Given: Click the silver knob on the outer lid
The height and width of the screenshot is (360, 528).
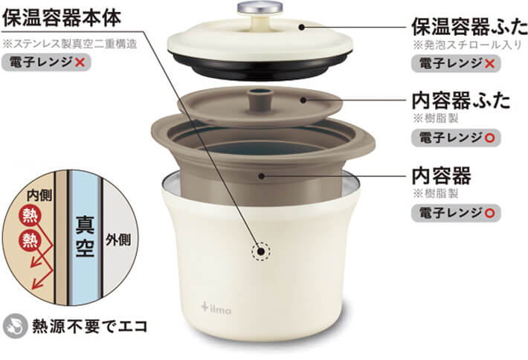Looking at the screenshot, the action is pyautogui.click(x=260, y=7).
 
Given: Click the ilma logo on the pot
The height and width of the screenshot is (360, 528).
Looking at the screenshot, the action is pyautogui.click(x=216, y=308).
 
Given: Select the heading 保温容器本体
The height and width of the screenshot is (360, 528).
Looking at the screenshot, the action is pyautogui.click(x=62, y=18).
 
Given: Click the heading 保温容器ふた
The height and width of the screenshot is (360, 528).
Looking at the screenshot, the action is pyautogui.click(x=469, y=27).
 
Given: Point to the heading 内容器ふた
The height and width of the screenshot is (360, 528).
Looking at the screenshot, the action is pyautogui.click(x=461, y=100).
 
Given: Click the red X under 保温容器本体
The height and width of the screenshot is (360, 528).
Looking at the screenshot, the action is pyautogui.click(x=80, y=62).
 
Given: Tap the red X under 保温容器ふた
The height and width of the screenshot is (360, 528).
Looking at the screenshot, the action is pyautogui.click(x=490, y=63).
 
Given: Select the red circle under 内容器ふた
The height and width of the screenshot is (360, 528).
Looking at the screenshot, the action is pyautogui.click(x=490, y=138).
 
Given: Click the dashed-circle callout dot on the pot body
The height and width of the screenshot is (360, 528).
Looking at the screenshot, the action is pyautogui.click(x=260, y=251).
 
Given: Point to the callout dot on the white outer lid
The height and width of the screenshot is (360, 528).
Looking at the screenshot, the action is pyautogui.click(x=302, y=27).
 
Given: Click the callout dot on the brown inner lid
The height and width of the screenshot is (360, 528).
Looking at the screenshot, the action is pyautogui.click(x=303, y=100).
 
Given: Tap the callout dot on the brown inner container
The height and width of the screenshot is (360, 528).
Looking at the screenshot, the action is pyautogui.click(x=261, y=176).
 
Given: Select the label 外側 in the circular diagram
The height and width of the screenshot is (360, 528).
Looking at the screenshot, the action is pyautogui.click(x=117, y=240).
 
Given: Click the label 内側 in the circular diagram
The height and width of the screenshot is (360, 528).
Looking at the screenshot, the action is pyautogui.click(x=39, y=195).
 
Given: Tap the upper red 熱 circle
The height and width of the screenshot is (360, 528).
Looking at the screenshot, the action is pyautogui.click(x=30, y=216).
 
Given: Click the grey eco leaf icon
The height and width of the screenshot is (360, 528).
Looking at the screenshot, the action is pyautogui.click(x=15, y=326).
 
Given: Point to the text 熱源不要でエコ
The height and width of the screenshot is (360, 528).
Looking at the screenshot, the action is pyautogui.click(x=90, y=326).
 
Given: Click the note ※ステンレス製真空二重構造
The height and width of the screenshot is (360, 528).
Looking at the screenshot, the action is pyautogui.click(x=70, y=44).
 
